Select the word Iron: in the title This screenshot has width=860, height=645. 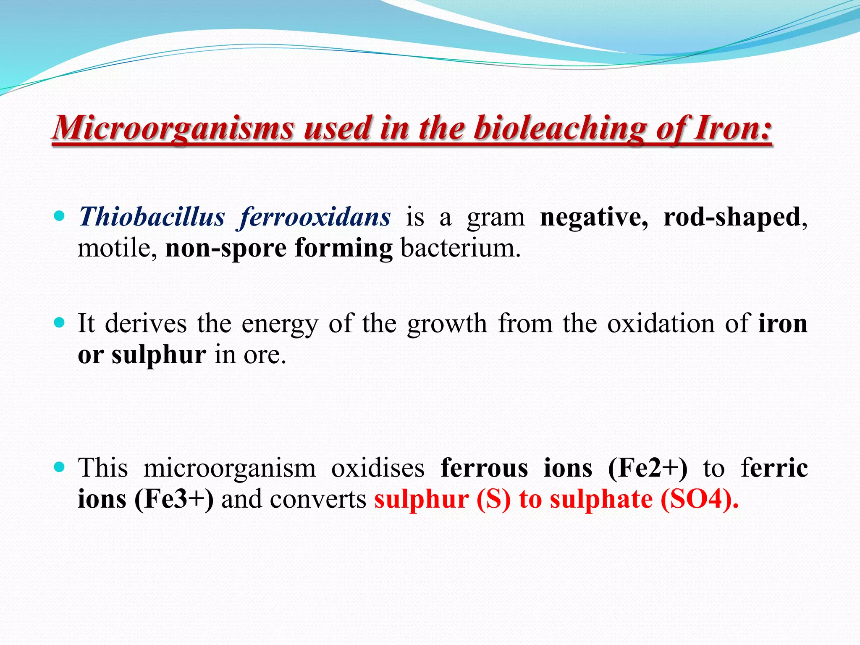(x=733, y=128)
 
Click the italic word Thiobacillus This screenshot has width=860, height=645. (x=152, y=217)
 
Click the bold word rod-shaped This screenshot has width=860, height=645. (x=732, y=217)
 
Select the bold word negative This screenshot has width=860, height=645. (x=593, y=217)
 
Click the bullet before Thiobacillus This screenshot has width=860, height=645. (x=60, y=216)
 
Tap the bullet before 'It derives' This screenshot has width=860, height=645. (x=60, y=322)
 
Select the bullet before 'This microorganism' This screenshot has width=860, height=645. (x=60, y=467)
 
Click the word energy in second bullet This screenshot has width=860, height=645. (x=279, y=324)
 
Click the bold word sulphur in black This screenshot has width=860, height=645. (x=159, y=355)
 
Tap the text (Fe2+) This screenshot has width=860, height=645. (x=648, y=468)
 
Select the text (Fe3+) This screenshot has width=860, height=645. (x=174, y=499)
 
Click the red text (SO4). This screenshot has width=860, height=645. (x=699, y=499)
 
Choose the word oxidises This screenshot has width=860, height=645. (x=378, y=468)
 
